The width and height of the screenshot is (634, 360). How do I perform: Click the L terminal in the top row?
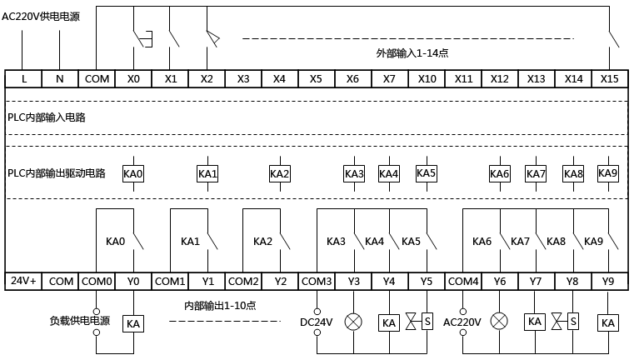23,78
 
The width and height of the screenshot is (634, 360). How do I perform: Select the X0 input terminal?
133,78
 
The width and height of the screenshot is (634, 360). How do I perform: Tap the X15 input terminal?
610,78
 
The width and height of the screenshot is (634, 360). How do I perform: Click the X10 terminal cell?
427,78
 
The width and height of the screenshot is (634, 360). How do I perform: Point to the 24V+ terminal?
22,282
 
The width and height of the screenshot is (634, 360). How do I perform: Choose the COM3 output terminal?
317,282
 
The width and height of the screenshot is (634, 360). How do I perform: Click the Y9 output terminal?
608,282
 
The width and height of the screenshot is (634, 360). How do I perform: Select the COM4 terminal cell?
463,282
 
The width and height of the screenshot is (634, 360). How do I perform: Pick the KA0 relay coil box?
133,174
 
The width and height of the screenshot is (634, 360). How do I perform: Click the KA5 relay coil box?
427,173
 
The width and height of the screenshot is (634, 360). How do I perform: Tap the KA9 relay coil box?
608,173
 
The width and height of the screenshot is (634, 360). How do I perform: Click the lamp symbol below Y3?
354,321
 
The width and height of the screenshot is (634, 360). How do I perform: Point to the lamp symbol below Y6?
500,321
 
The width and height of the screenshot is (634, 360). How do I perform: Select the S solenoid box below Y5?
427,321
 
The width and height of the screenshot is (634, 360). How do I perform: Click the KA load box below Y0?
133,323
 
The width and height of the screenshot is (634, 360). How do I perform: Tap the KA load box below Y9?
608,322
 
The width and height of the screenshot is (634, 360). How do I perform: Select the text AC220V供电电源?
41,15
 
